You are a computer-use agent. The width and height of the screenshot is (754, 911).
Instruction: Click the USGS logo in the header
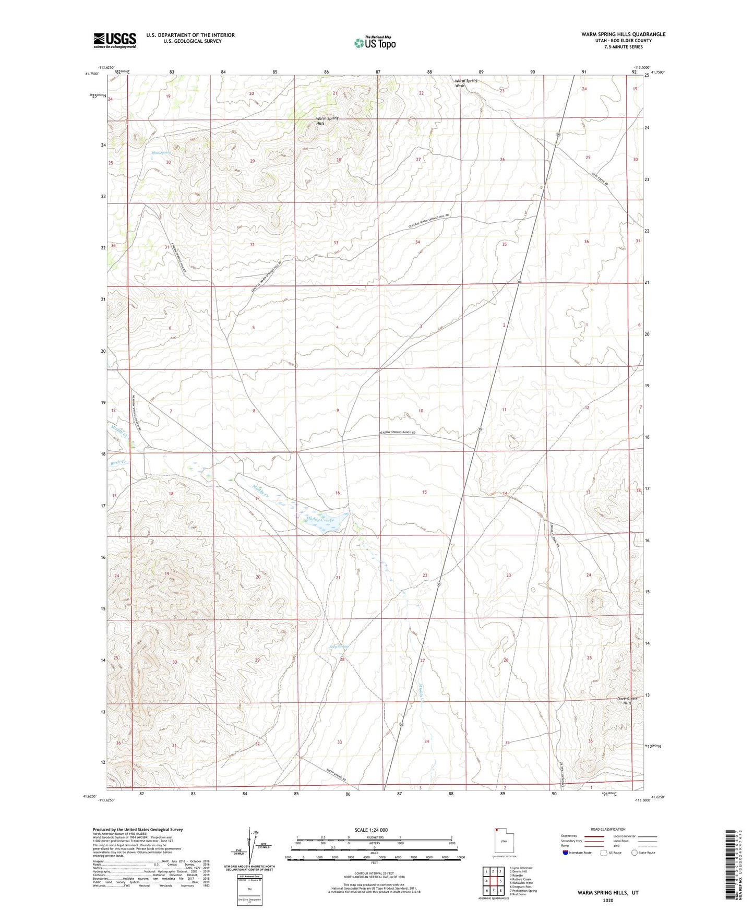pyautogui.click(x=114, y=40)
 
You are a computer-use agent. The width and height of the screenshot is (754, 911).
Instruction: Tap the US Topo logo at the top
pyautogui.click(x=375, y=43)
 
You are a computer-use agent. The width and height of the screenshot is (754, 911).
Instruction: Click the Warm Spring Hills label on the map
pyautogui.click(x=327, y=121)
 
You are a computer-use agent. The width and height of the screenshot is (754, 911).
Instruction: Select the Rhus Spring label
pyautogui.click(x=161, y=153)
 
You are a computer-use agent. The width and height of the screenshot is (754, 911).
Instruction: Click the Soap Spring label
pyautogui.click(x=339, y=646)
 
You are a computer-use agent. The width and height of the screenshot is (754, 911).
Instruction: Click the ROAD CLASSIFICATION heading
pyautogui.click(x=608, y=829)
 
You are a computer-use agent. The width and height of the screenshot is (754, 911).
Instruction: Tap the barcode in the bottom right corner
pyautogui.click(x=732, y=871)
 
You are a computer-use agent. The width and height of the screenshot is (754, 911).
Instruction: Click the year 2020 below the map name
pyautogui.click(x=608, y=900)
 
